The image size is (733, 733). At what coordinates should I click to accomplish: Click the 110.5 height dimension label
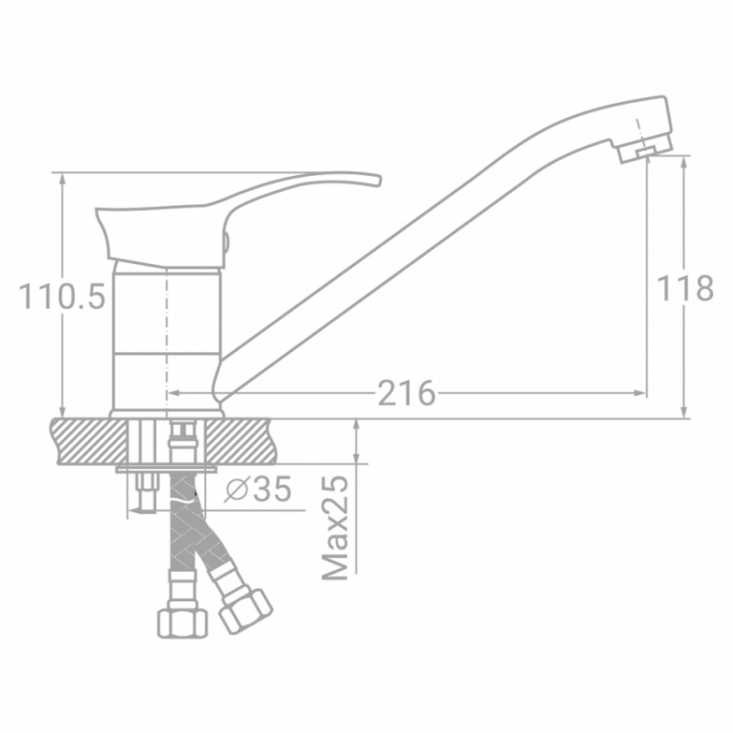[62, 297]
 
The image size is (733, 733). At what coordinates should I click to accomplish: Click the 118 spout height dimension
[684, 288]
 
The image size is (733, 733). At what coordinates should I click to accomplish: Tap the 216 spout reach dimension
[406, 393]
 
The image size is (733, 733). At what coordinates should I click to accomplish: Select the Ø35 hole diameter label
[258, 489]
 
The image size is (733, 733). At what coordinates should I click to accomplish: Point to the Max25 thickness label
[335, 529]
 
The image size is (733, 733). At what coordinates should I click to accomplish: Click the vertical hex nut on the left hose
[182, 623]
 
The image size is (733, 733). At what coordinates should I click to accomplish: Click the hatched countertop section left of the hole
[89, 442]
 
